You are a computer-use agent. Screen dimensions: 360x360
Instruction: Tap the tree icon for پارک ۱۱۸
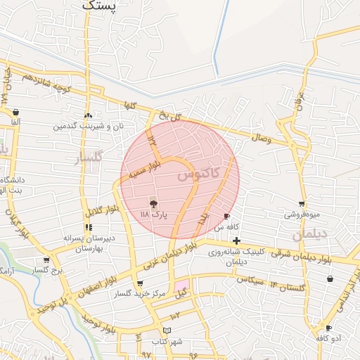click(x=154, y=202)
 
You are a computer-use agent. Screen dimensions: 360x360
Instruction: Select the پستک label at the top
click(x=98, y=6)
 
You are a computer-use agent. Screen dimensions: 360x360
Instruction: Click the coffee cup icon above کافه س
click(x=226, y=216)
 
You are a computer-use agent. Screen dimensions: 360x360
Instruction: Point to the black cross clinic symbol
click(x=237, y=240)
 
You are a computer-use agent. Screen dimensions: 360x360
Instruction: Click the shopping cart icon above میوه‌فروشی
click(x=302, y=203)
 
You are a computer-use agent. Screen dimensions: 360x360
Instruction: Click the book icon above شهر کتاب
click(x=167, y=330)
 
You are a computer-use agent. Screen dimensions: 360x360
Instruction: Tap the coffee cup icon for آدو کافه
click(x=328, y=328)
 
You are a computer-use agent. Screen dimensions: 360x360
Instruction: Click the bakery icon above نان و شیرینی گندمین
click(x=88, y=116)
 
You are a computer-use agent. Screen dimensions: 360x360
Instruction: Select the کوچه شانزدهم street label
click(x=48, y=84)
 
